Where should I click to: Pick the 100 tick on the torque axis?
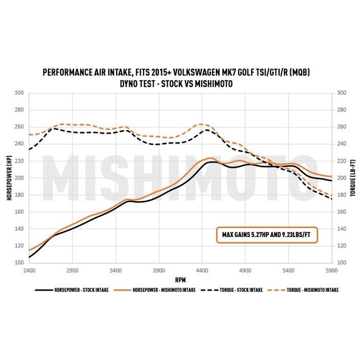point(341,263)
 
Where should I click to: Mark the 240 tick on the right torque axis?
point(341,144)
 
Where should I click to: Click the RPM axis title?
point(180,281)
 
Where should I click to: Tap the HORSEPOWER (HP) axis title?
point(10,178)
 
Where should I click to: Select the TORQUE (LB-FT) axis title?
point(352,178)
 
